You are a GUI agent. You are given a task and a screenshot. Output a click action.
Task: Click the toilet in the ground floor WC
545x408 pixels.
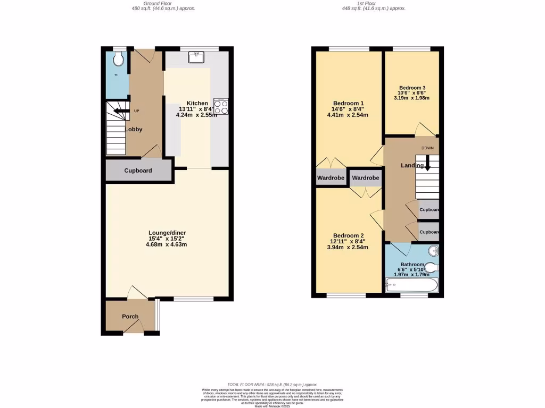pyautogui.click(x=119, y=59)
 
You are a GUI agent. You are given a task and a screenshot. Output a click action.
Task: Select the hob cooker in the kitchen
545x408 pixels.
pyautogui.click(x=221, y=106)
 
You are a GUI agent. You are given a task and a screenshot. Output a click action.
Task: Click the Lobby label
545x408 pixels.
pyautogui.click(x=134, y=129)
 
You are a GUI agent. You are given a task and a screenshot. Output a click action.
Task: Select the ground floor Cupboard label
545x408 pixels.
pyautogui.click(x=138, y=171)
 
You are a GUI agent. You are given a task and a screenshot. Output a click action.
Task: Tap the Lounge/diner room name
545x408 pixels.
pyautogui.click(x=167, y=233)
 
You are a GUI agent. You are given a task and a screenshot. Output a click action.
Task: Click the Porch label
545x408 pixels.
pyautogui.click(x=130, y=317)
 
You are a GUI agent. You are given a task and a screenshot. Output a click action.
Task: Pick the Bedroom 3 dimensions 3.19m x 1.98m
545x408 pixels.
pyautogui.click(x=411, y=98)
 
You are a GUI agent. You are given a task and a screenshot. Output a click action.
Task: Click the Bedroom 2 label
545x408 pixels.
pyautogui.click(x=349, y=235)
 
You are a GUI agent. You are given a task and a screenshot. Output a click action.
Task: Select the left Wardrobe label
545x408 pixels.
pyautogui.click(x=331, y=177)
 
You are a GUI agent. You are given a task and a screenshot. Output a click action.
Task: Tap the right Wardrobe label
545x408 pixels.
pyautogui.click(x=366, y=177)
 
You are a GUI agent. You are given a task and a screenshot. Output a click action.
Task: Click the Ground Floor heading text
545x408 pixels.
pyautogui.click(x=163, y=3)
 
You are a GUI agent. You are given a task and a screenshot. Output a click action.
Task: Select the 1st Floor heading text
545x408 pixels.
pyautogui.click(x=374, y=3)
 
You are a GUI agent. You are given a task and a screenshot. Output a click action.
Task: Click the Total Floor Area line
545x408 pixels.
pyautogui.click(x=272, y=385)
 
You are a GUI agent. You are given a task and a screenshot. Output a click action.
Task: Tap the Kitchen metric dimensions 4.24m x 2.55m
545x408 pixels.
pyautogui.click(x=197, y=114)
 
